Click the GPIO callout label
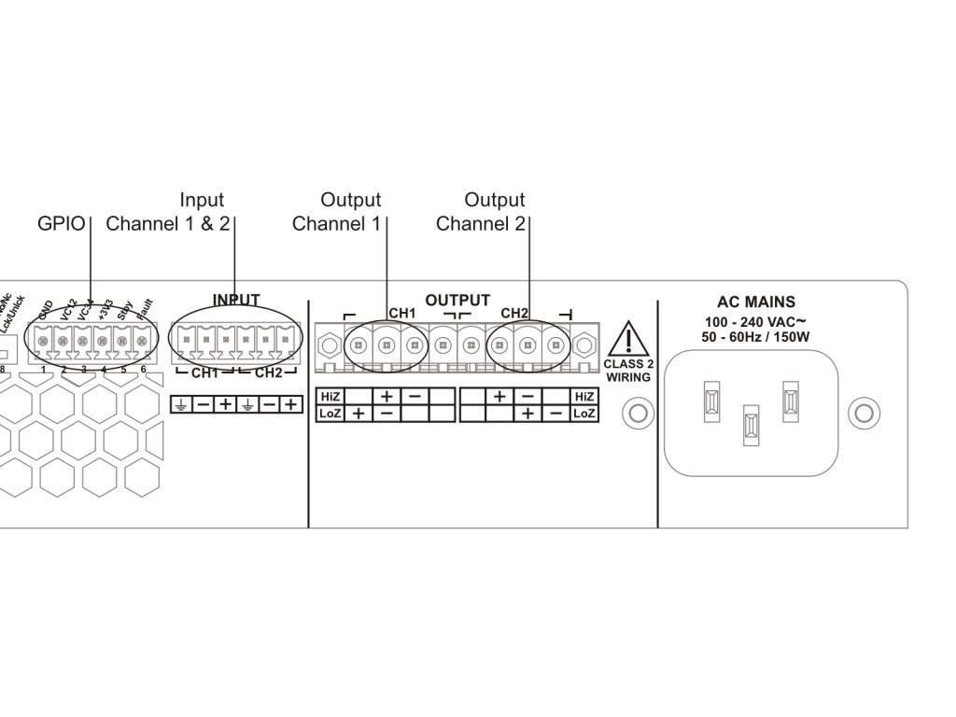point(61,224)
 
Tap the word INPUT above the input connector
point(236,300)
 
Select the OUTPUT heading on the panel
point(457,300)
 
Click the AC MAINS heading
point(756,302)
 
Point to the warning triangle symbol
point(632,338)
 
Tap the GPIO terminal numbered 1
point(44,344)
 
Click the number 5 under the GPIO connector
point(123,370)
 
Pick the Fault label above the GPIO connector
point(146,309)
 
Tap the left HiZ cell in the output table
point(330,396)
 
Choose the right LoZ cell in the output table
point(584,413)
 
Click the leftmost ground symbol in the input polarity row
point(181,405)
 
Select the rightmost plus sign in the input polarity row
point(291,405)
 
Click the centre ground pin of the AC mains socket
point(751,423)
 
